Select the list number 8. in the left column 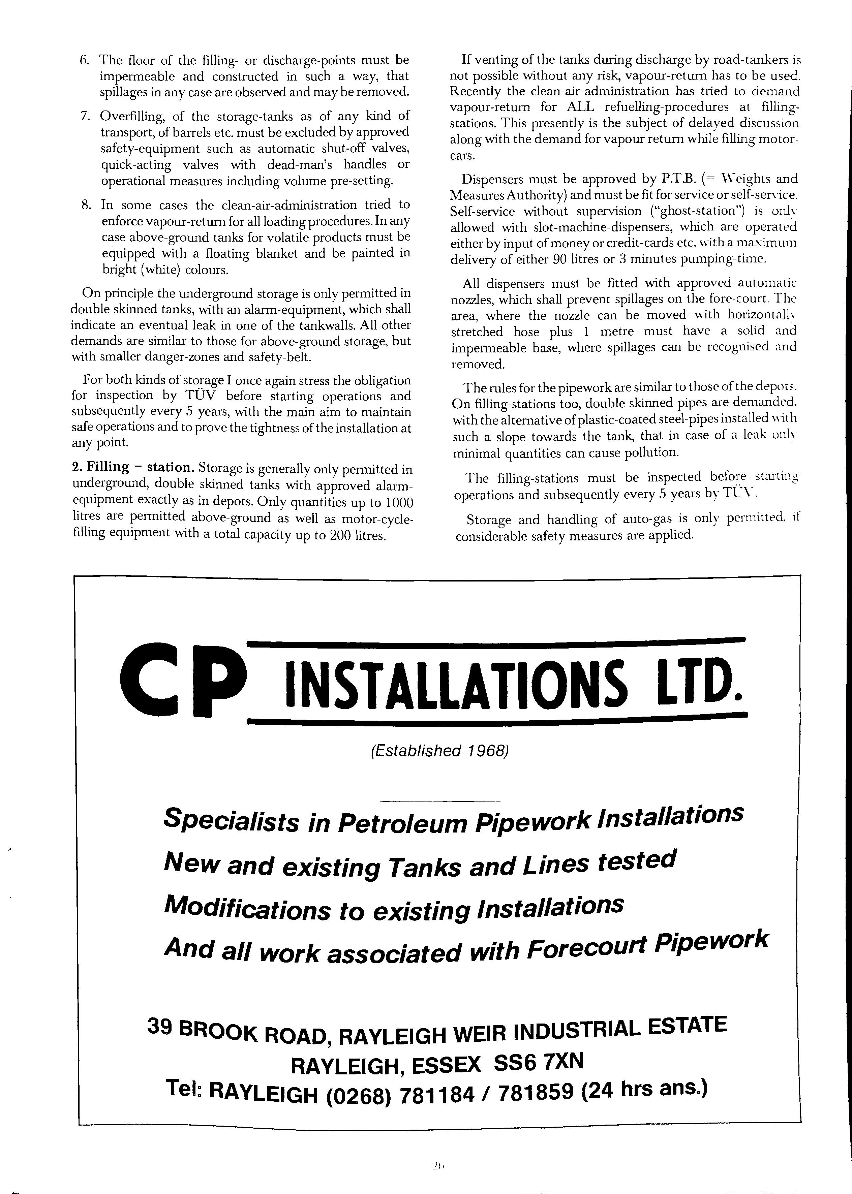87,205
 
